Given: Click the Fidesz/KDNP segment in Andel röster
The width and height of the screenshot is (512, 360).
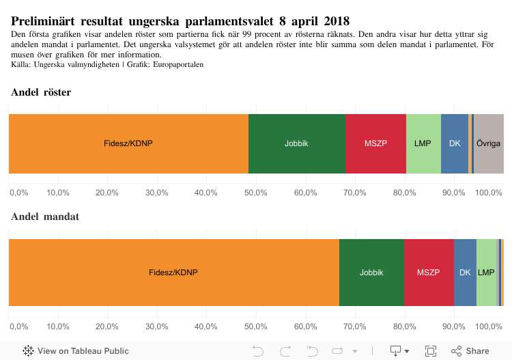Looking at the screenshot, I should pos(128,143).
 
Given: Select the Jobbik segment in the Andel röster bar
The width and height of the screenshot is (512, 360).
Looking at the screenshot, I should pos(296,143).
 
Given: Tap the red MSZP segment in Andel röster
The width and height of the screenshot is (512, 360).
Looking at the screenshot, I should pos(375,143).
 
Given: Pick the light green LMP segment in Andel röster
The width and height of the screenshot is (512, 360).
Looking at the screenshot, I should pos(423,143).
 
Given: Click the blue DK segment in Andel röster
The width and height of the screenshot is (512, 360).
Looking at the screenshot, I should pos(455,143).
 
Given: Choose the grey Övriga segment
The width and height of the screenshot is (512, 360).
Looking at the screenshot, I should pos(489,143).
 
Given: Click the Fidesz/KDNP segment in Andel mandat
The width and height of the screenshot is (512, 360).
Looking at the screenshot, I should pos(173,272).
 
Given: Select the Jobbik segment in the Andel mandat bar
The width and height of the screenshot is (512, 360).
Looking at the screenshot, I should pos(371,272).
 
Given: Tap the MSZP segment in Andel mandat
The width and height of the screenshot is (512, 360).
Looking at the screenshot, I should pos(429,272).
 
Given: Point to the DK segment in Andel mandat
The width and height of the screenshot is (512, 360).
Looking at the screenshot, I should pos(465,272).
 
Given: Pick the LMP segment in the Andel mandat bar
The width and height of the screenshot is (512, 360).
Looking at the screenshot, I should pos(486,272).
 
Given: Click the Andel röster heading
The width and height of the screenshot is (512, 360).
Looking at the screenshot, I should pos(41,92).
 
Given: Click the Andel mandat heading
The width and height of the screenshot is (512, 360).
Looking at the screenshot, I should pos(45,217).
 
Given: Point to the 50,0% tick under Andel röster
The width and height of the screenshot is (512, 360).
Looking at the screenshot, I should pos(256,193).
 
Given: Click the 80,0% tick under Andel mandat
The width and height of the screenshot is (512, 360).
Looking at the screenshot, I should pos(405,326).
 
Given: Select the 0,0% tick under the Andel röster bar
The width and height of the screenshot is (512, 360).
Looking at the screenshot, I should pos(18,193).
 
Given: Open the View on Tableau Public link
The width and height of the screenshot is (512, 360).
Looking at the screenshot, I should pos(76,351).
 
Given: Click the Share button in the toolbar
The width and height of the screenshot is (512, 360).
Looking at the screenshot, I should pos(470,351).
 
